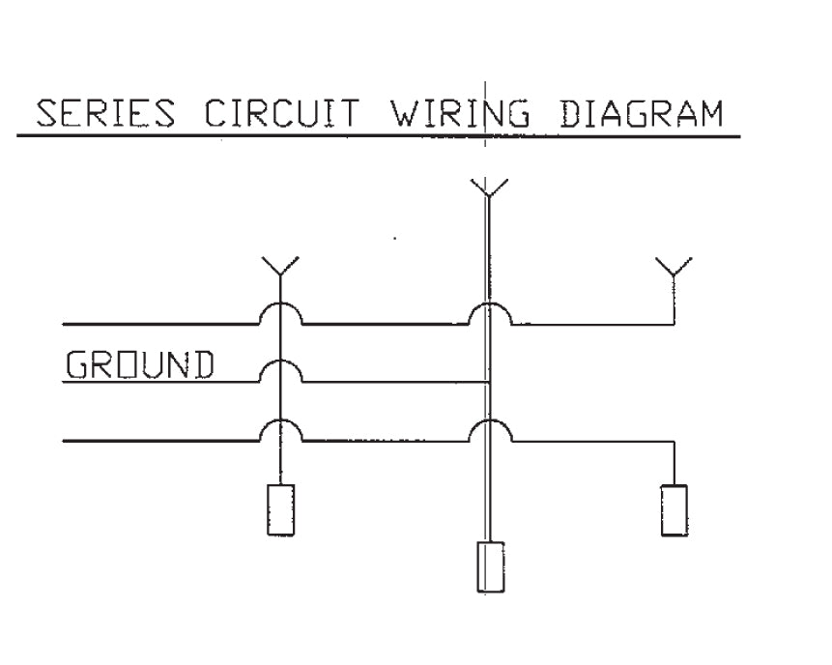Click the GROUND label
(139, 364)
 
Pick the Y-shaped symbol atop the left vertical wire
(280, 267)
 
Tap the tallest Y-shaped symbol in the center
(489, 188)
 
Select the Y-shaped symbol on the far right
(673, 267)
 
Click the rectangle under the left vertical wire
(280, 509)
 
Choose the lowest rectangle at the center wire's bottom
(491, 566)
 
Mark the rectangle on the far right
(674, 509)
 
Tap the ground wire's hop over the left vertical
(280, 370)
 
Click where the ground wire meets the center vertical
(490, 382)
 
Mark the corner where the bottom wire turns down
(673, 441)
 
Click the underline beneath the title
(378, 136)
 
